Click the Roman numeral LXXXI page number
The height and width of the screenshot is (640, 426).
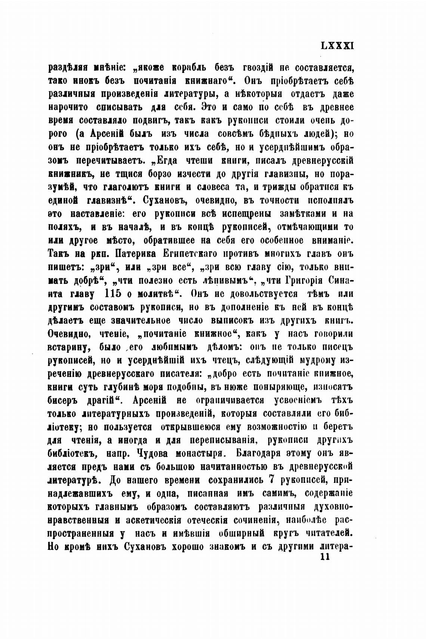337,46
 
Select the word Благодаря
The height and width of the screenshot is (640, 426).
258,453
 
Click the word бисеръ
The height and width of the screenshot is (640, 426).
65,400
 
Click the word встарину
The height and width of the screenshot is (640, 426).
69,347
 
